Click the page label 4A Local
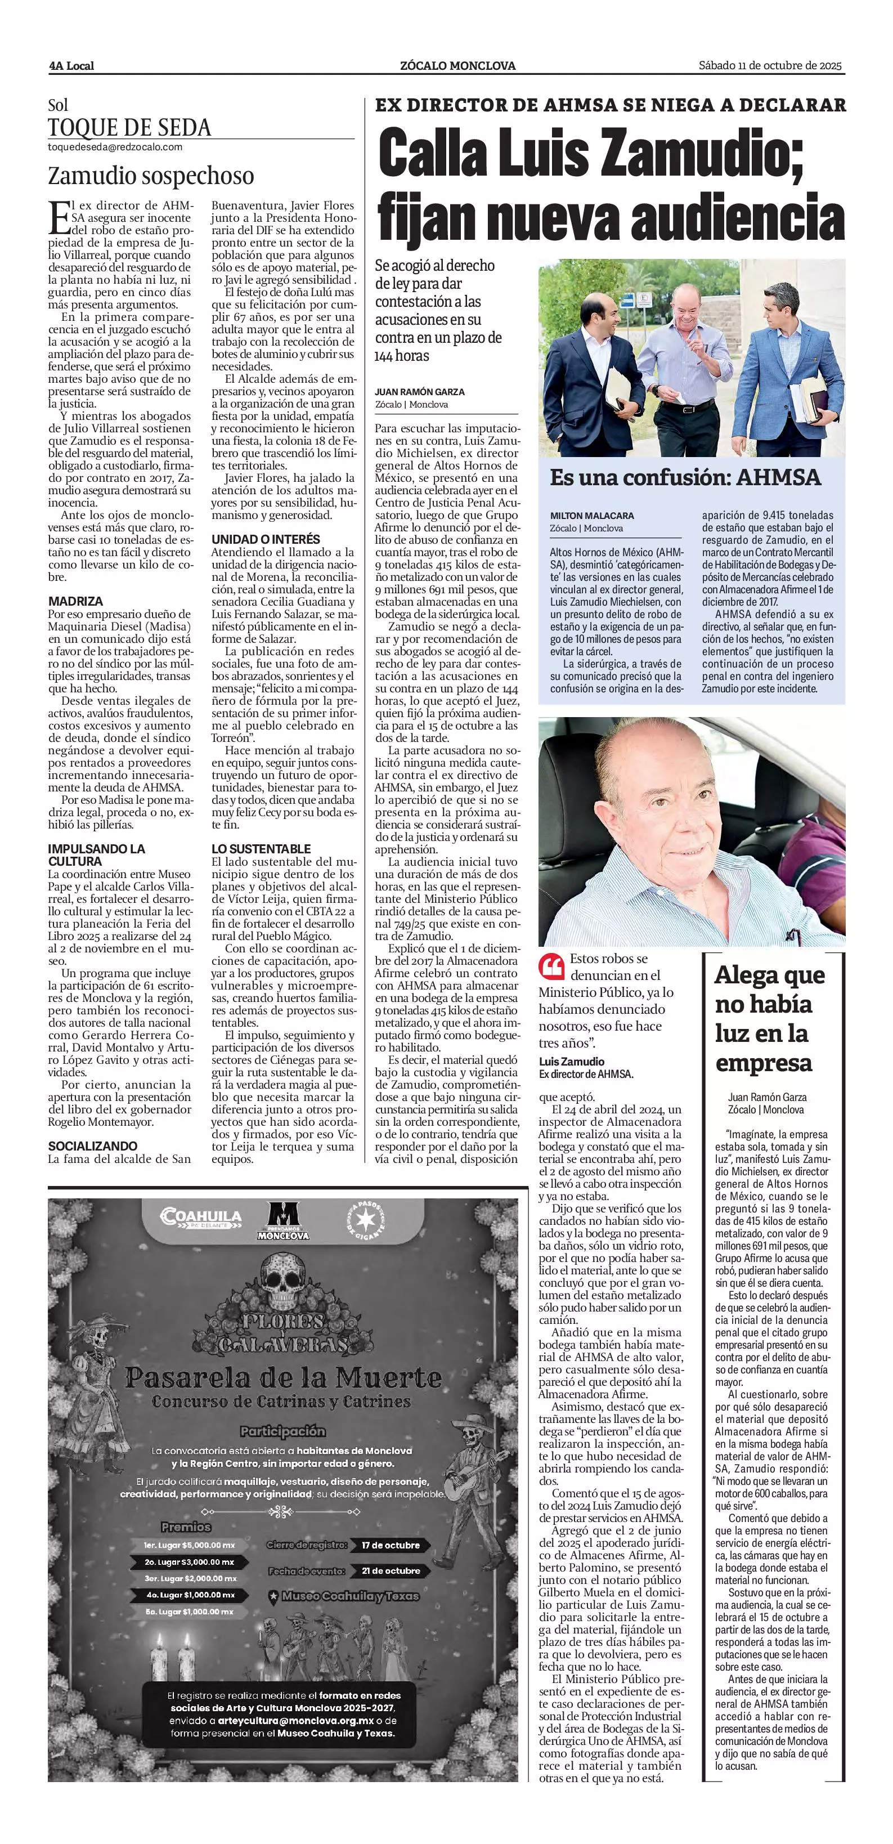pyautogui.click(x=71, y=66)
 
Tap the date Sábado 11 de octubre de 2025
pyautogui.click(x=771, y=65)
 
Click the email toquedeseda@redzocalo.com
pyautogui.click(x=114, y=147)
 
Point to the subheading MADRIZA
pyautogui.click(x=76, y=601)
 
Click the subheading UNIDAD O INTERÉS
pyautogui.click(x=266, y=540)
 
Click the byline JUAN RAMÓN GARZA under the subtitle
pyautogui.click(x=419, y=392)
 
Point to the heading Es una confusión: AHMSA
pyautogui.click(x=685, y=477)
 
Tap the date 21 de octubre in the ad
pyautogui.click(x=391, y=1570)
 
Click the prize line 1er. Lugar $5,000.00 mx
pyautogui.click(x=189, y=1545)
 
